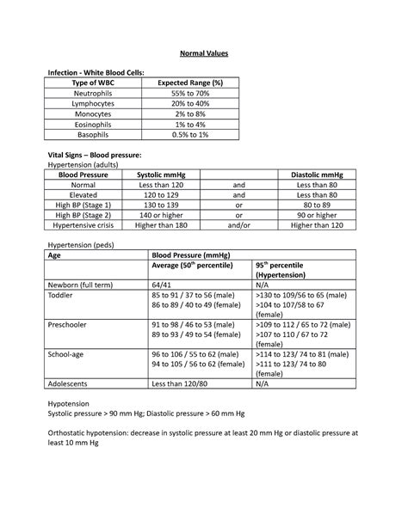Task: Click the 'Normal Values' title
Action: (203, 54)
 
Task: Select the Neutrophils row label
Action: (95, 93)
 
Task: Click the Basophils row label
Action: (95, 134)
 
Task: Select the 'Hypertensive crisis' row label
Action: (83, 224)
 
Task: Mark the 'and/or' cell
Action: (239, 224)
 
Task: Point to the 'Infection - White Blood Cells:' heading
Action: (96, 71)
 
